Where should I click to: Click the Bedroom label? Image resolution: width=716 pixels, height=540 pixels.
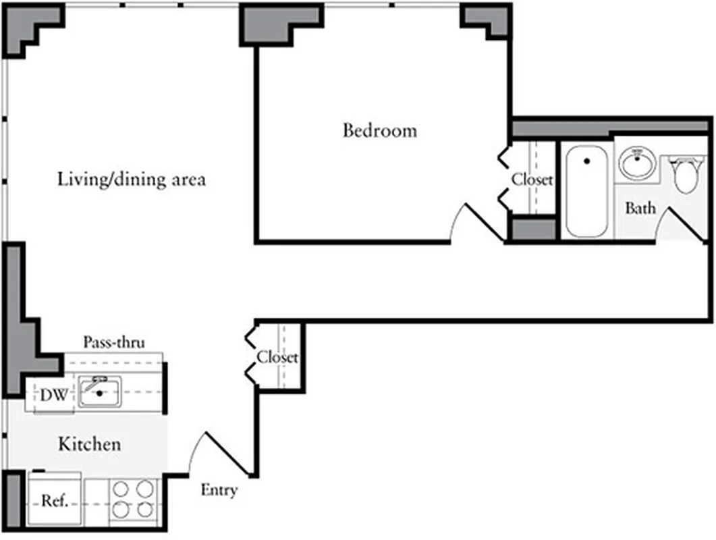click(x=380, y=130)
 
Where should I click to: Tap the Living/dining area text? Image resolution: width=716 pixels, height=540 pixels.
click(x=132, y=180)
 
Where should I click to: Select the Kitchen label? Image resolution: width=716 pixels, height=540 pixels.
click(x=89, y=444)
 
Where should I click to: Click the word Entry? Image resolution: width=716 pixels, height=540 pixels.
click(x=219, y=490)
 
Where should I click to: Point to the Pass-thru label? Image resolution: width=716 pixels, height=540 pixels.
click(x=113, y=342)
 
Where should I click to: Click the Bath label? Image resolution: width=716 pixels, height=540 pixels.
click(x=640, y=208)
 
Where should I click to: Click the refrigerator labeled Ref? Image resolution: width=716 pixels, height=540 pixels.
click(x=54, y=501)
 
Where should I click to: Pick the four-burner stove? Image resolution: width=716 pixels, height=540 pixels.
click(x=132, y=499)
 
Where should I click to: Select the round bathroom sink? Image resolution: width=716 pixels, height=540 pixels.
click(x=637, y=163)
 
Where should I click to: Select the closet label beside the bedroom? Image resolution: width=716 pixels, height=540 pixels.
click(x=532, y=180)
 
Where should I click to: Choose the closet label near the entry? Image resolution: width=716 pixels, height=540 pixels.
click(x=277, y=357)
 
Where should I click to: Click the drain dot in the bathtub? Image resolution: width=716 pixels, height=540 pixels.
click(x=586, y=161)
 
